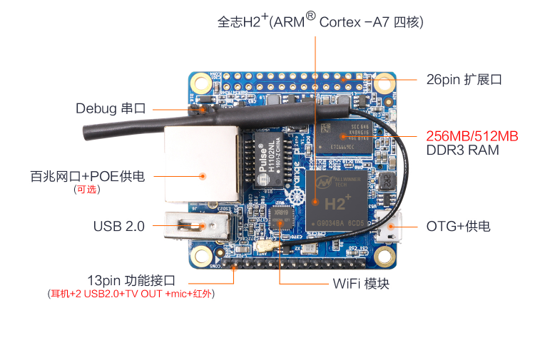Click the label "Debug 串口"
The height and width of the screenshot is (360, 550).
coord(111,108)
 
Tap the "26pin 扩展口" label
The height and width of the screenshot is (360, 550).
coord(464,79)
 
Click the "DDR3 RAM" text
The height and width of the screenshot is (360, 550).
coord(462,150)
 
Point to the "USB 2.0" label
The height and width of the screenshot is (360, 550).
coord(118,226)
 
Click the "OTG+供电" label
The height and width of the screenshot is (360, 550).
coord(458,227)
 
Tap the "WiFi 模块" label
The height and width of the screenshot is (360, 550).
coord(361,283)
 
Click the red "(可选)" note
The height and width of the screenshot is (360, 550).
coord(87,190)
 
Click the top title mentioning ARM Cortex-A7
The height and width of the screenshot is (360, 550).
coord(320,22)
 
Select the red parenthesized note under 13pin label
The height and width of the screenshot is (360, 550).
coord(131,294)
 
